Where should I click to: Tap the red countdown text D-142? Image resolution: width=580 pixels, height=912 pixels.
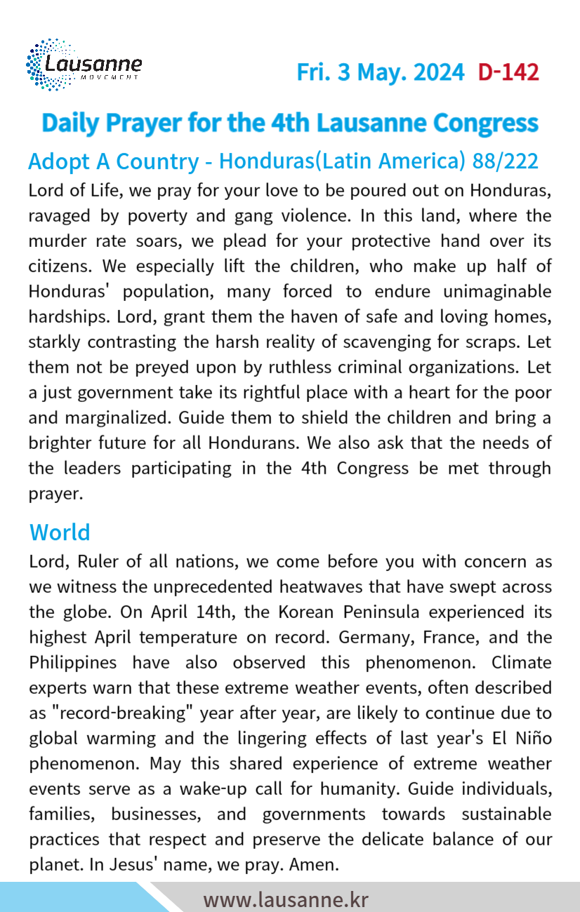[508, 72]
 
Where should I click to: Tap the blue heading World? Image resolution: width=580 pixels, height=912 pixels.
[60, 532]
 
